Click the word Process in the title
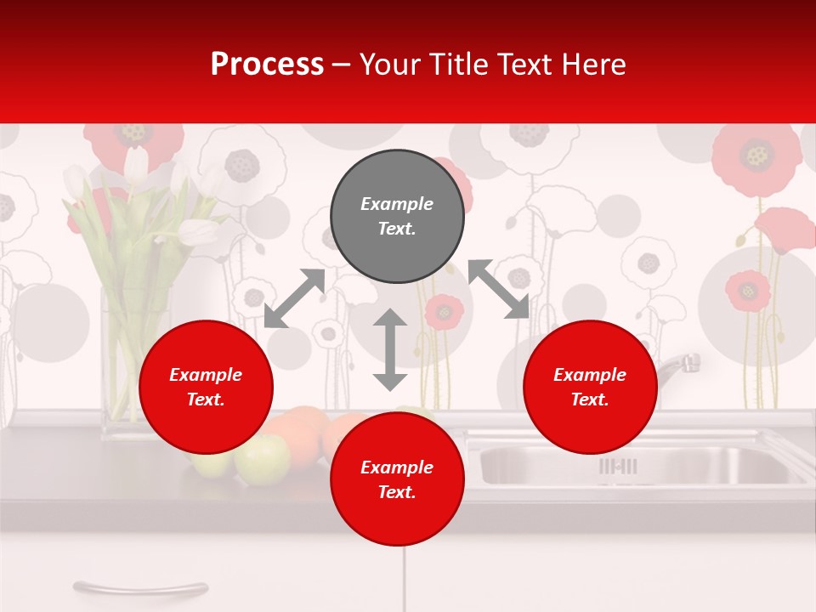tap(267, 65)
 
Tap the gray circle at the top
tap(397, 217)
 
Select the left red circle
tap(206, 387)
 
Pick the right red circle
tap(590, 387)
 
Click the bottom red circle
tap(397, 479)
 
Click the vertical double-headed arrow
tap(390, 349)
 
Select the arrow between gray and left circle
tap(294, 298)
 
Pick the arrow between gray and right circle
tap(498, 290)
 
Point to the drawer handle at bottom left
tap(140, 586)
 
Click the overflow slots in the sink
tap(618, 466)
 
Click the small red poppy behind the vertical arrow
tap(443, 311)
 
